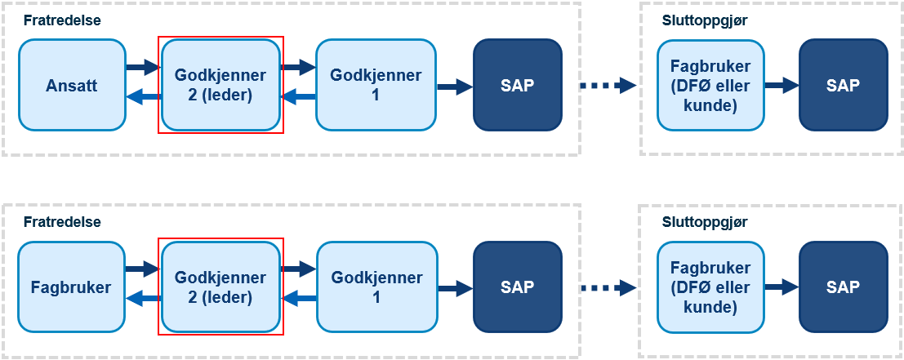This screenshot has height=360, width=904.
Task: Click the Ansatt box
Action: (72, 85)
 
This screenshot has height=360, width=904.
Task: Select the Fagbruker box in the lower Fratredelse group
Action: (72, 287)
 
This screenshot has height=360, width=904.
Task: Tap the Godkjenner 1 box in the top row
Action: (376, 85)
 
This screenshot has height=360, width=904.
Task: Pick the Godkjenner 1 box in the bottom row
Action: (376, 287)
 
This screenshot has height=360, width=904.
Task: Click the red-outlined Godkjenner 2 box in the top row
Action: (220, 85)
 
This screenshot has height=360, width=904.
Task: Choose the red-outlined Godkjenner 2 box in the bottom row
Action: (220, 287)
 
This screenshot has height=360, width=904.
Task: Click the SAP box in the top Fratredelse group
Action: (517, 85)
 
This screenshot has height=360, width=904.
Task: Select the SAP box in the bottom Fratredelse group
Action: (517, 287)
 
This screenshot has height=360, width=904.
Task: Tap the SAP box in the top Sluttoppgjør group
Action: (843, 85)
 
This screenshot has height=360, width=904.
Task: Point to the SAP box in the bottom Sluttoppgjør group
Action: (843, 287)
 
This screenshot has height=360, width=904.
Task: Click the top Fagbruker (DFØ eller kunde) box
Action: (710, 85)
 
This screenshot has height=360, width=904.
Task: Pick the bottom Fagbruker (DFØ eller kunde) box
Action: (710, 287)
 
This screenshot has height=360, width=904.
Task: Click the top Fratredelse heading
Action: (62, 20)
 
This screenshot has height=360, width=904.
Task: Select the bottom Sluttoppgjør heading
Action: (705, 222)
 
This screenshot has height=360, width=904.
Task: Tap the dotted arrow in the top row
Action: (608, 86)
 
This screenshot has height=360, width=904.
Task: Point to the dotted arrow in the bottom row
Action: (608, 287)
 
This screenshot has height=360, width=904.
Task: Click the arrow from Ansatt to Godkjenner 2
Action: (142, 67)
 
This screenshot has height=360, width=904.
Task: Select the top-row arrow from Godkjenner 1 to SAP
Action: (455, 87)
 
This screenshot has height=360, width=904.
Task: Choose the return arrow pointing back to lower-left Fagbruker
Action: (142, 298)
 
